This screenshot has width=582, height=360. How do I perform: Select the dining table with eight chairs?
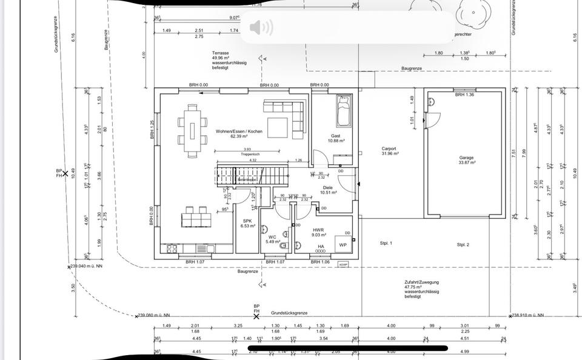(192, 131)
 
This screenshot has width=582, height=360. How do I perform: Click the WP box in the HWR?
(343, 245)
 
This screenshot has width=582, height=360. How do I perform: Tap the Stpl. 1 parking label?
(386, 243)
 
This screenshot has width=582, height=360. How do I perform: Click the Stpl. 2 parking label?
(463, 244)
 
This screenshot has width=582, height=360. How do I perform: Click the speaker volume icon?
(261, 27)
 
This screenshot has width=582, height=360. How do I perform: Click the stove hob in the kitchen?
(170, 248)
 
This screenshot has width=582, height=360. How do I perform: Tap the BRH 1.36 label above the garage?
(464, 95)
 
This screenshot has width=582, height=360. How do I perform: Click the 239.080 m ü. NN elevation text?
(154, 315)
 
